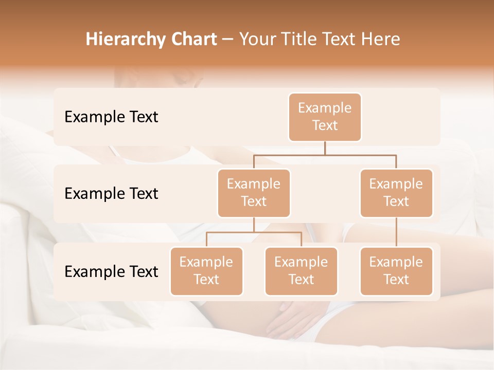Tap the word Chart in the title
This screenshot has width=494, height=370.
click(x=196, y=39)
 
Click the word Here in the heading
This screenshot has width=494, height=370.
click(x=381, y=39)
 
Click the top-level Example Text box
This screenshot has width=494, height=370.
click(x=325, y=117)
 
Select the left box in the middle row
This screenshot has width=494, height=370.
click(x=254, y=193)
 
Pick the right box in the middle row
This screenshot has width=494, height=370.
click(x=396, y=193)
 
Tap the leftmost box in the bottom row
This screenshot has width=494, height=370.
click(x=206, y=271)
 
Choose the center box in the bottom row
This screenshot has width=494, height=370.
click(x=301, y=271)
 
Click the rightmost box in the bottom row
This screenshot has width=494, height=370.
click(x=396, y=271)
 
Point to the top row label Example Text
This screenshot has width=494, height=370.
click(x=111, y=117)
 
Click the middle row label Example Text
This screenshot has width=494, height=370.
click(x=111, y=193)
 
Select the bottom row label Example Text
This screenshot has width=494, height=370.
click(x=111, y=271)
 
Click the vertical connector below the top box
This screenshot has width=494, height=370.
click(x=325, y=148)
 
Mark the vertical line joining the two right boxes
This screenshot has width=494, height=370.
click(x=396, y=232)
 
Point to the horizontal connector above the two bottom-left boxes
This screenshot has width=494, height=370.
click(x=254, y=232)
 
